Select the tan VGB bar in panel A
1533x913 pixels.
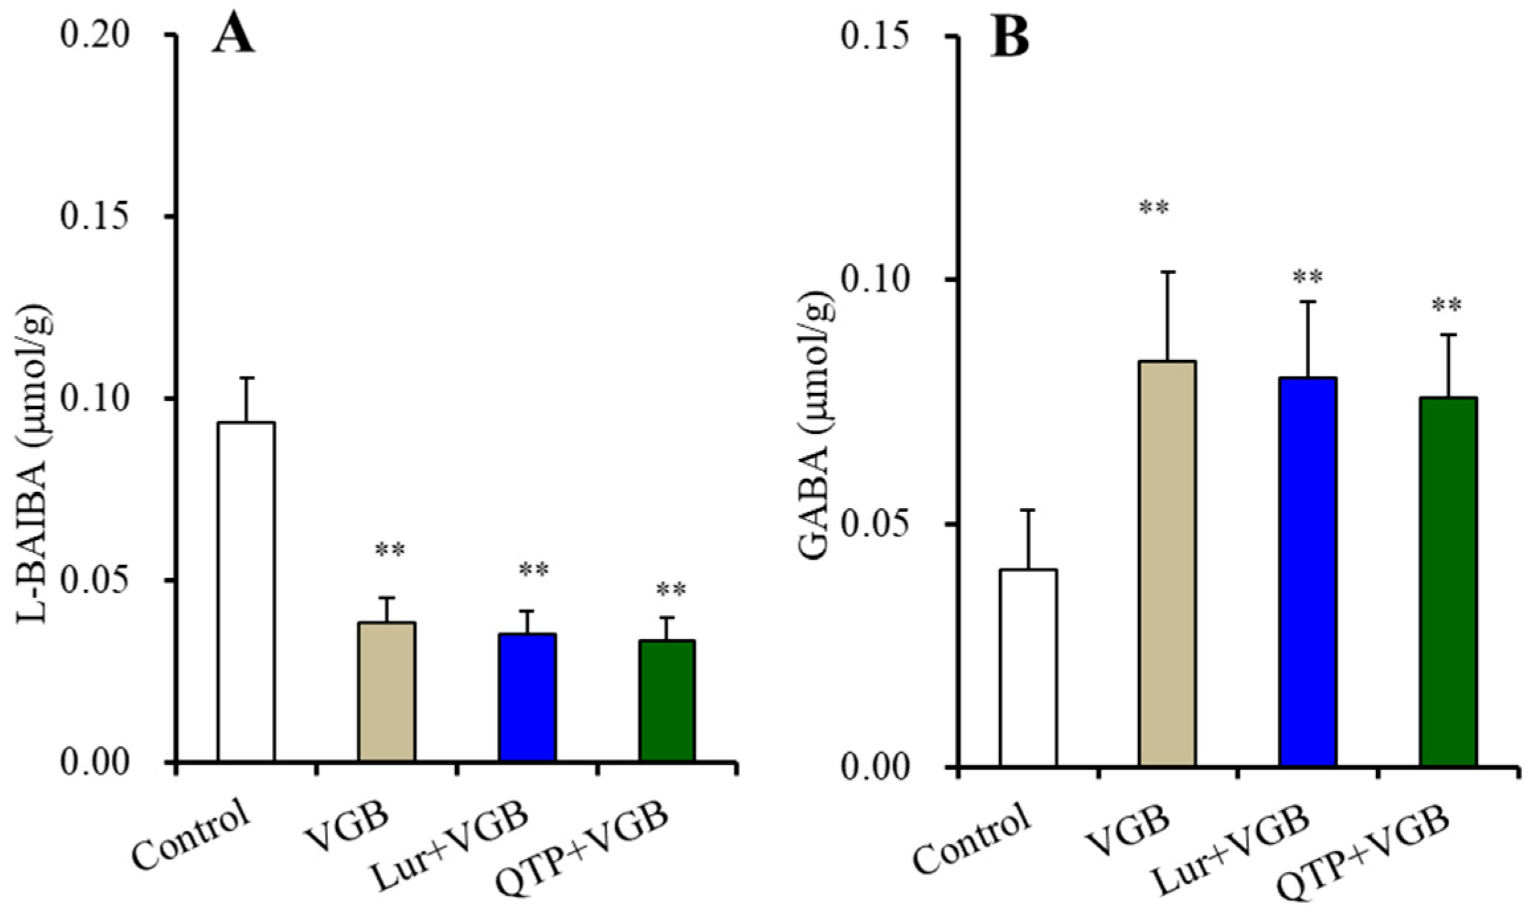point(386,691)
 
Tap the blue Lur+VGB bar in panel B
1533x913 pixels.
point(1308,572)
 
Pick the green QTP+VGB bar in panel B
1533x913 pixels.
point(1448,582)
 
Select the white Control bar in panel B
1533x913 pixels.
point(1028,668)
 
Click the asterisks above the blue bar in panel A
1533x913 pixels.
point(533,570)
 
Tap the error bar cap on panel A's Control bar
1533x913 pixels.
point(247,378)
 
